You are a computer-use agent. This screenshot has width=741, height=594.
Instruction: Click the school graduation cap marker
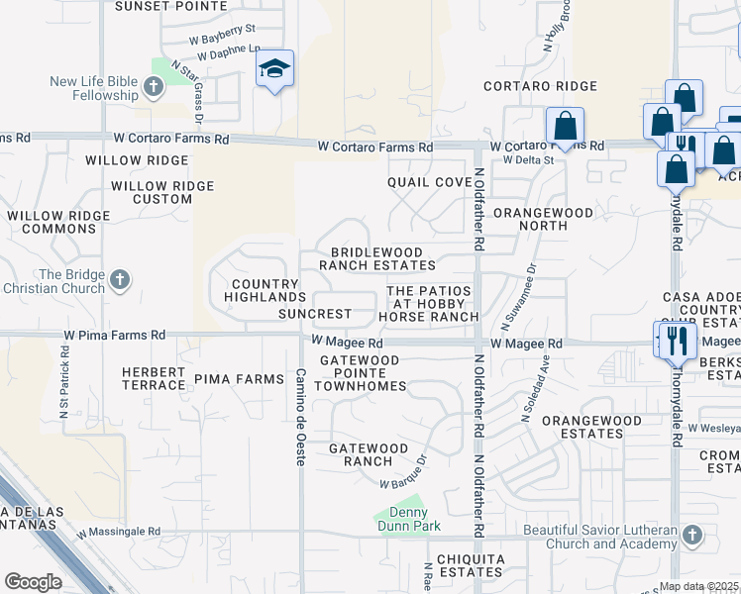[x=275, y=68]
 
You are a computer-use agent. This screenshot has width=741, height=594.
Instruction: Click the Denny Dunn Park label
[x=401, y=518]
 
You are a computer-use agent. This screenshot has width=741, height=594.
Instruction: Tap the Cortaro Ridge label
[x=540, y=87]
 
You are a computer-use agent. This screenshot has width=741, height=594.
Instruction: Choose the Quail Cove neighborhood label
[x=429, y=182]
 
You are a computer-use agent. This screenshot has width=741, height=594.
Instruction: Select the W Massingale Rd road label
[x=111, y=532]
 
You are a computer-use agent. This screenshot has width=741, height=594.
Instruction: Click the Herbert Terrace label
[x=154, y=378]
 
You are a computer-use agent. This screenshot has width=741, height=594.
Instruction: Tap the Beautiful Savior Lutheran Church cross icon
[x=691, y=537]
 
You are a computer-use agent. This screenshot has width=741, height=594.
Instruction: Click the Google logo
[x=33, y=582]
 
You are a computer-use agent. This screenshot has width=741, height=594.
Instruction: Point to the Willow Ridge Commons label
[x=51, y=222]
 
